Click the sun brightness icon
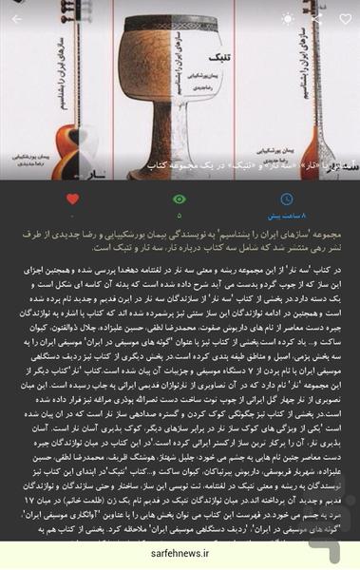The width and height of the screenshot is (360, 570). click(x=288, y=18)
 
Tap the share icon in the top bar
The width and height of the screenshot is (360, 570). click(x=316, y=18)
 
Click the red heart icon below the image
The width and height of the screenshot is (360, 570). click(x=72, y=199)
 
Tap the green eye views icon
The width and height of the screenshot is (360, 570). click(x=179, y=199)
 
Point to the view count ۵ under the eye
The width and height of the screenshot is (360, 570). click(x=179, y=216)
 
